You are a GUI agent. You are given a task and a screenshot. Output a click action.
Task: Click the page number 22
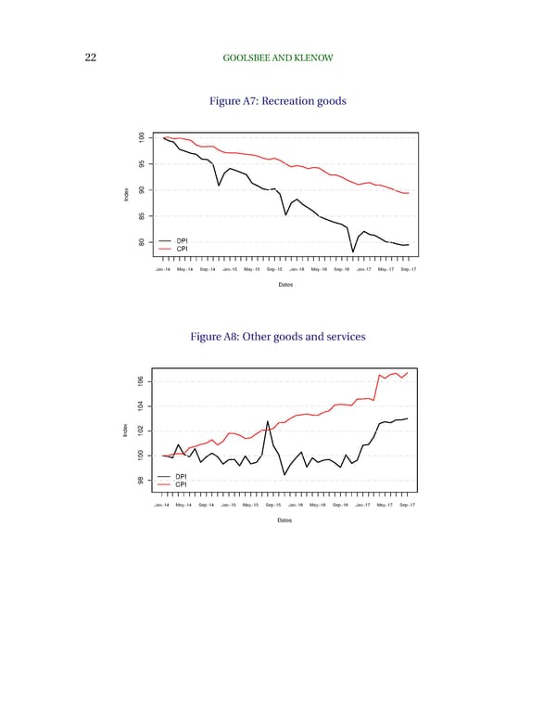point(91,58)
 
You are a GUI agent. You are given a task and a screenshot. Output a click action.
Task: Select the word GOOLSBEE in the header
point(250,58)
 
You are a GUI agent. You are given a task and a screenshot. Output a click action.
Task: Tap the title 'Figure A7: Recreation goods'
point(279,101)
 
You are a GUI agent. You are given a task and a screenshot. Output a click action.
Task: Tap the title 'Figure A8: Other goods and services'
point(279,338)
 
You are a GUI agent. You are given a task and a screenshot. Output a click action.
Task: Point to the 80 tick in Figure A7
point(139,242)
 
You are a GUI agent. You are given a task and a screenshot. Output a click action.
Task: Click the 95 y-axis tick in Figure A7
point(139,165)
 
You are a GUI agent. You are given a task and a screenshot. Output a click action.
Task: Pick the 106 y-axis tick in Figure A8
point(139,381)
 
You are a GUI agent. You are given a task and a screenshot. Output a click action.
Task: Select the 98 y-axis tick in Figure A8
point(139,480)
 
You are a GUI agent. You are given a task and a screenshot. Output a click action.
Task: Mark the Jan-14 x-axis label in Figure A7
point(163,269)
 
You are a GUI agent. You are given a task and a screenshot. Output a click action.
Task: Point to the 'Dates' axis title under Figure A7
point(285,284)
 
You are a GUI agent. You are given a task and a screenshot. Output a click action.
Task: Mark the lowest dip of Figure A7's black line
point(353,251)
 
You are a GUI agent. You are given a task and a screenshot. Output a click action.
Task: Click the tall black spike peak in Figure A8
point(268,421)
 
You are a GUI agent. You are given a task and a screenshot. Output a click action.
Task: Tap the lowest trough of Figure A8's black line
point(284,475)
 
